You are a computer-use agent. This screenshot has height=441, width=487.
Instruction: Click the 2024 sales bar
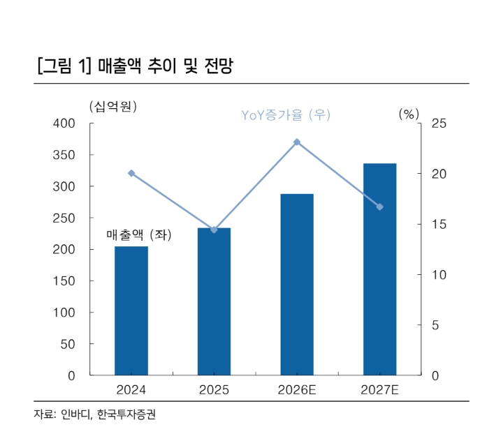point(131,311)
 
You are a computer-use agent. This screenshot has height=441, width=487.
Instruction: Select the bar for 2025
point(214,301)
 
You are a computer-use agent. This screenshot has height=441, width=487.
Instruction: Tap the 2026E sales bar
point(297,285)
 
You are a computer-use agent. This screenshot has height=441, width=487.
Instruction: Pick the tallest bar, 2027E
point(380,269)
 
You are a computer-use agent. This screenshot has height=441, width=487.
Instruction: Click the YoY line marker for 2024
point(131,173)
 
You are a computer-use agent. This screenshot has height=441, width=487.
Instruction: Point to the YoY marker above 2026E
point(297,142)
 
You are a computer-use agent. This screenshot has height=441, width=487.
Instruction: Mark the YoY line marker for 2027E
point(380,207)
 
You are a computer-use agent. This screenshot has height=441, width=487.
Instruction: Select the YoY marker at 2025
point(214,230)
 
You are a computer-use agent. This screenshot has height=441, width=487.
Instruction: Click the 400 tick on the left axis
point(64,124)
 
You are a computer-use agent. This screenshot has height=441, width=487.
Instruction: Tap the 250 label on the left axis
point(64,218)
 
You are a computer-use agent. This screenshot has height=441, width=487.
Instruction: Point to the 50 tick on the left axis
point(68,344)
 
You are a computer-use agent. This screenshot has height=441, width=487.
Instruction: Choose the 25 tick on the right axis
point(439,124)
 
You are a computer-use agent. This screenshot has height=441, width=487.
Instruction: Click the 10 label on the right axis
point(439,275)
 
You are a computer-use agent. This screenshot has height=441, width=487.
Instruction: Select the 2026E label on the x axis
point(297,390)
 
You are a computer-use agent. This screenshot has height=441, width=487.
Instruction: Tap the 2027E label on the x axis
point(379,390)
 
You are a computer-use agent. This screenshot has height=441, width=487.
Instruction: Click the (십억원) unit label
point(113,107)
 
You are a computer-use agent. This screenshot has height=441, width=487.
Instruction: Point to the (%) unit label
point(409,114)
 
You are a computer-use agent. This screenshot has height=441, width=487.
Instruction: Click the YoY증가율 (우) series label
point(286,115)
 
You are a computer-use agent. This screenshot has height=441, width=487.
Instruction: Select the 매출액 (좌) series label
point(139,234)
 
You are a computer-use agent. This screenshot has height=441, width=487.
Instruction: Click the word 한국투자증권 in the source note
point(126,414)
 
